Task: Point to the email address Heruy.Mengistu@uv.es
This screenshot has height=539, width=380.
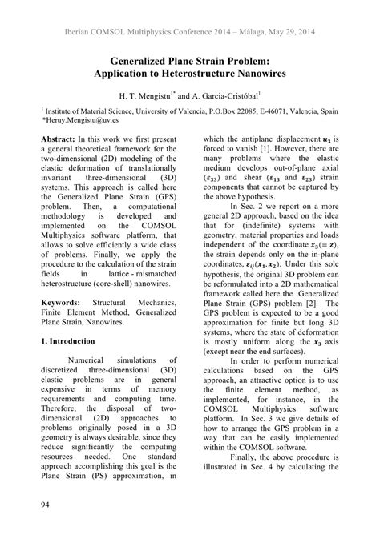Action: [82, 117]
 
